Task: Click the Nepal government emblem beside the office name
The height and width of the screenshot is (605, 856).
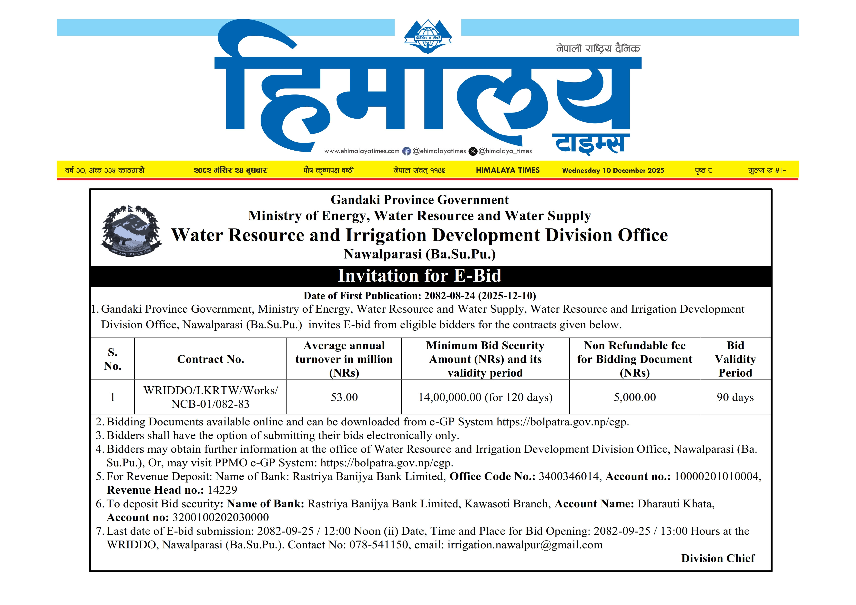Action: [x=131, y=230]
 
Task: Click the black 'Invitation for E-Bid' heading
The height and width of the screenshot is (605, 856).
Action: [x=419, y=276]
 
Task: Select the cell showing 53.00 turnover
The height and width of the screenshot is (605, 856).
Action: [x=344, y=397]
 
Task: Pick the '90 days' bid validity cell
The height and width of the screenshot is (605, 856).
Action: [x=735, y=397]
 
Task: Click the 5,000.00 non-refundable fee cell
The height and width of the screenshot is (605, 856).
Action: [x=634, y=397]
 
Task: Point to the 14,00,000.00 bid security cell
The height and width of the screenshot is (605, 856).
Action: [x=485, y=397]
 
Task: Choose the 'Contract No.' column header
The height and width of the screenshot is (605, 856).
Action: [x=211, y=359]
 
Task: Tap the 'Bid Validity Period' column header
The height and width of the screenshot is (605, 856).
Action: [x=735, y=359]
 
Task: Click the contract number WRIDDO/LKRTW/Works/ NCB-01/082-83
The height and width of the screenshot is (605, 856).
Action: [x=211, y=397]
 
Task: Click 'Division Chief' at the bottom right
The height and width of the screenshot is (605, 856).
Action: [x=718, y=558]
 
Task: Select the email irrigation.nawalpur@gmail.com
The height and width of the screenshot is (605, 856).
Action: [x=525, y=545]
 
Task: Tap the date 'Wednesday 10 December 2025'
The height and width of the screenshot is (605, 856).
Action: [x=613, y=170]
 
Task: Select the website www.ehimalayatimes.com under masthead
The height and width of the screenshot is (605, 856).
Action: [x=362, y=151]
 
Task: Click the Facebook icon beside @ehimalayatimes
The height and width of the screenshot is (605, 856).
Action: [x=406, y=151]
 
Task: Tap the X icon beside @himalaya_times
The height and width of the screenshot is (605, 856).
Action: [x=473, y=151]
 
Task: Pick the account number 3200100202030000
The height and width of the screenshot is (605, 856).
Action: [x=220, y=517]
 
